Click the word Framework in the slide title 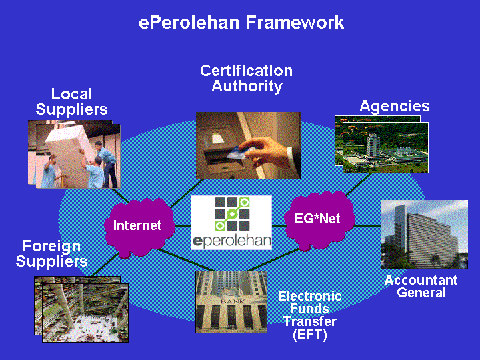pos(295,23)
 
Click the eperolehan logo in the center pos(231,223)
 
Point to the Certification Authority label pos(247,79)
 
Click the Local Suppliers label pos(71,101)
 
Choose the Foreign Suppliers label pos(51,254)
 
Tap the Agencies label pos(394,106)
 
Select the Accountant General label pos(421,286)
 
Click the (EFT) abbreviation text pos(310,335)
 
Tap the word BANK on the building pos(233,301)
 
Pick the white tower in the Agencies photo pos(373,146)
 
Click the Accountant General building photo pos(424,235)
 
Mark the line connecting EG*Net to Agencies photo pos(358,185)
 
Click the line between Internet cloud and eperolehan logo pos(183,225)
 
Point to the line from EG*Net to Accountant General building pos(368,225)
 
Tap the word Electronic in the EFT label pos(310,296)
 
